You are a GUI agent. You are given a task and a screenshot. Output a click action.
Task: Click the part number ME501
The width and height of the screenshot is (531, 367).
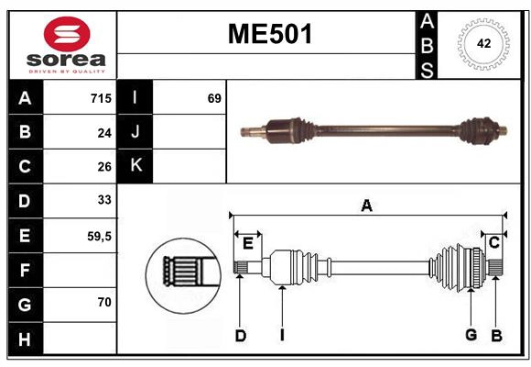[269, 35]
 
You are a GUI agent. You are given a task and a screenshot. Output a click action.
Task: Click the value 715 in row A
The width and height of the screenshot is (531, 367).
[100, 98]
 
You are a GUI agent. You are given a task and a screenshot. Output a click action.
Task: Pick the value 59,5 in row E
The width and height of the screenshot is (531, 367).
[98, 236]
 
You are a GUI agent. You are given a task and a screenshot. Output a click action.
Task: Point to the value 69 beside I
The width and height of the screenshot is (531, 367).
[214, 98]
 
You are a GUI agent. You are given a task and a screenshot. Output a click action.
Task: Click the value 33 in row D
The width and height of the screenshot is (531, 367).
[104, 200]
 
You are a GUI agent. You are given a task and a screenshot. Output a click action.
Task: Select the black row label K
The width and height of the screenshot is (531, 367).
[135, 166]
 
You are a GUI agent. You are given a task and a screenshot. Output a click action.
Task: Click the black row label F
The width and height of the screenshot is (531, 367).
[25, 270]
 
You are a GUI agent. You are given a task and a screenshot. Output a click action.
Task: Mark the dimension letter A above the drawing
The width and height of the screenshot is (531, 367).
[366, 206]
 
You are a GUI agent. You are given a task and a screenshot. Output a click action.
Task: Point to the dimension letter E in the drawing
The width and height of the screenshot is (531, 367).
[247, 242]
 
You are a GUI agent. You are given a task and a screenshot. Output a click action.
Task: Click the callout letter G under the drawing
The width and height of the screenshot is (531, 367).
[471, 335]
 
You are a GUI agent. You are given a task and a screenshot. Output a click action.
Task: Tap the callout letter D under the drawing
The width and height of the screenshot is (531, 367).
[240, 336]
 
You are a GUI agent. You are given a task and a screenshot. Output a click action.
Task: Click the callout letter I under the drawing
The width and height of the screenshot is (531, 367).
[283, 336]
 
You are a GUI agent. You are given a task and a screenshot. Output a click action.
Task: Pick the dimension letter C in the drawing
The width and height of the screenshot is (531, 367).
[493, 242]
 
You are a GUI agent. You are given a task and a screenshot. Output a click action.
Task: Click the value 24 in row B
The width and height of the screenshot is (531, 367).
[104, 132]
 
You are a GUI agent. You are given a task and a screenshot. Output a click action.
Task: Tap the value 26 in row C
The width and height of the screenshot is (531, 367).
[104, 166]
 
